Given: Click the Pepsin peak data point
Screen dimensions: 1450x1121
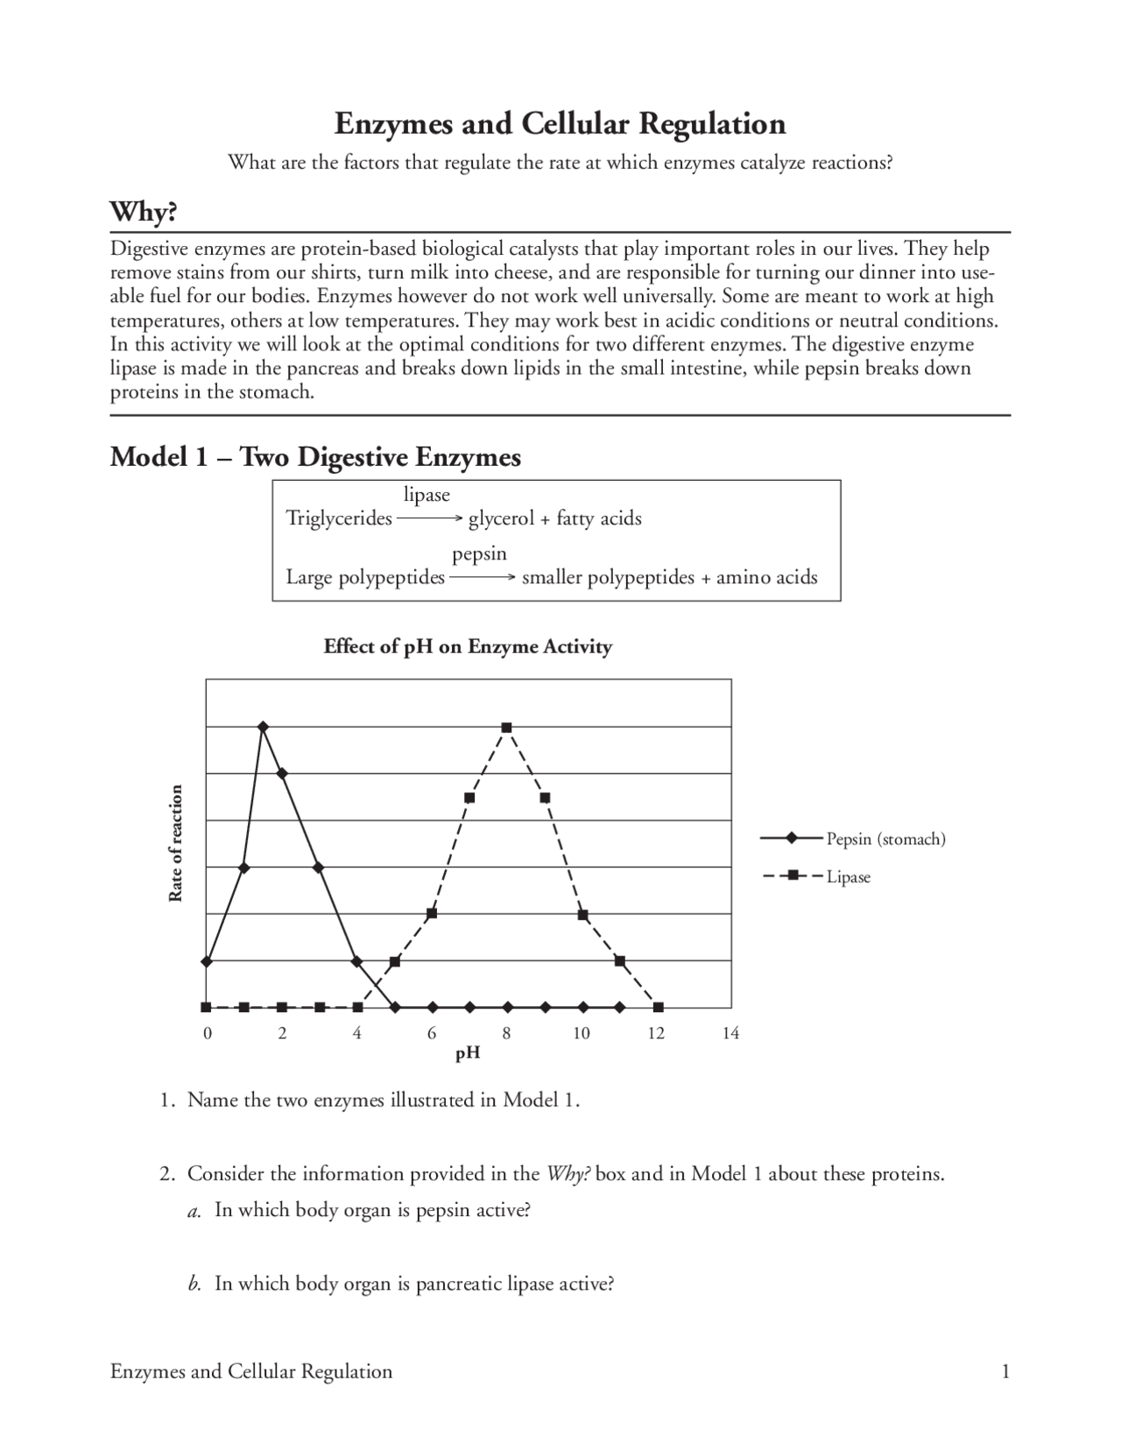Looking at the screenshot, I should click(263, 727).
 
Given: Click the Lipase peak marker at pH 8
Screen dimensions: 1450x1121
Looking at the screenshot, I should click(507, 728).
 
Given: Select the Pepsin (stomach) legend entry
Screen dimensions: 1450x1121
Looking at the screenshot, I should click(885, 839).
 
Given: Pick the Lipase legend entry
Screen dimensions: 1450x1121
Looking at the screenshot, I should click(848, 876).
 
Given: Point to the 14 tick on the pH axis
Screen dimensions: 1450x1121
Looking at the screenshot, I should click(730, 1033).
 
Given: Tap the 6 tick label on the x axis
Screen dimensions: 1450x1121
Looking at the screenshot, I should click(432, 1033).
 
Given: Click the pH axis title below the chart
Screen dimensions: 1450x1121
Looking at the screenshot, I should click(468, 1053).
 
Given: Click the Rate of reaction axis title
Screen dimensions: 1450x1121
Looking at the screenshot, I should click(176, 842).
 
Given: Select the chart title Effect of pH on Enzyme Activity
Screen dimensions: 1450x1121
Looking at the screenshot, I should click(468, 647).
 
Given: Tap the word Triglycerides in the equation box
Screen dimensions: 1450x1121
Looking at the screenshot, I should click(339, 518).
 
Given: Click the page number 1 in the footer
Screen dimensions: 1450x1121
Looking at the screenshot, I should click(1005, 1371).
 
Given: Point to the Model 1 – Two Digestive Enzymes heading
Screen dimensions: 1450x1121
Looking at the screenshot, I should click(315, 457).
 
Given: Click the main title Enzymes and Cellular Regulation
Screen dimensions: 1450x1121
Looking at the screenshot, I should click(560, 123).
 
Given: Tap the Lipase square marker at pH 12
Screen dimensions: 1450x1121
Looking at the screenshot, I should click(658, 1008).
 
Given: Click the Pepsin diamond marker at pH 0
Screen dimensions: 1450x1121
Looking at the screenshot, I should click(207, 961).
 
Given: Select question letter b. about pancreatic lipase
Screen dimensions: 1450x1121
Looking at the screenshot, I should click(195, 1285).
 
